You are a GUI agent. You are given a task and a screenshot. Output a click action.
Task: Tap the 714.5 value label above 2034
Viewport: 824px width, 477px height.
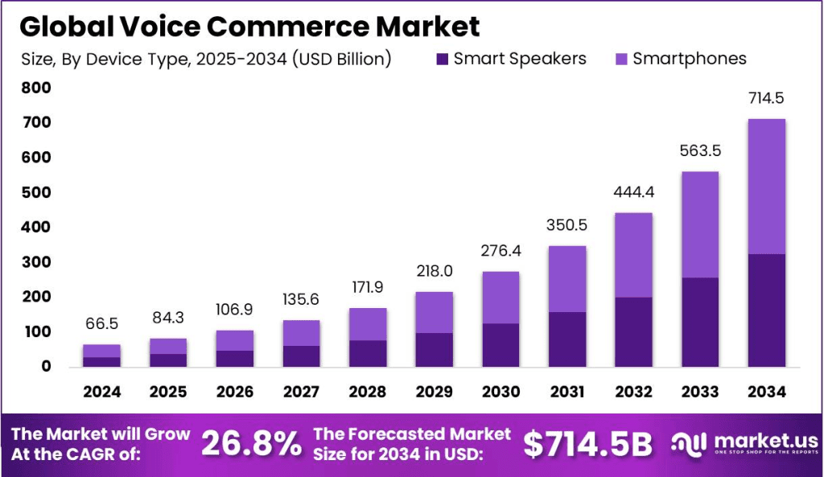(766, 99)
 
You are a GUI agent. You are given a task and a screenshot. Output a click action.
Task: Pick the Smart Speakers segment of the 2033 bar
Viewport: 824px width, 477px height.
(700, 322)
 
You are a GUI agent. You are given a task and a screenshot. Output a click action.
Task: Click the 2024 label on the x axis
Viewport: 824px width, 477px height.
(101, 392)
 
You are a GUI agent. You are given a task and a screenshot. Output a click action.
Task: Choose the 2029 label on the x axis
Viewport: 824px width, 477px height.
(434, 392)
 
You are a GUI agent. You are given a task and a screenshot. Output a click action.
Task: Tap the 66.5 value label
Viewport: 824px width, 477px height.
(101, 323)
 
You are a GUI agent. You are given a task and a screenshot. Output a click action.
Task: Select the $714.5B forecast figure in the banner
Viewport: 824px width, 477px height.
(587, 443)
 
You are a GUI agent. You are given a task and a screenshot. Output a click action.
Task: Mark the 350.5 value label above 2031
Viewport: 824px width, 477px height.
(566, 225)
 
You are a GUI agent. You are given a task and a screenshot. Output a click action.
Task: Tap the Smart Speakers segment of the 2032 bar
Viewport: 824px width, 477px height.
(633, 331)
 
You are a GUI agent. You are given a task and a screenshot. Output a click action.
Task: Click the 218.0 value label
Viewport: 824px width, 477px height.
(434, 271)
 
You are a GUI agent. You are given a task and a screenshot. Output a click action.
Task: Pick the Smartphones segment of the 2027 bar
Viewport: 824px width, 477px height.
(301, 333)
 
